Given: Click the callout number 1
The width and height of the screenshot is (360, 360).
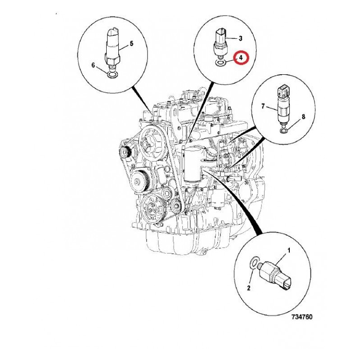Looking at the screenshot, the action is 289,250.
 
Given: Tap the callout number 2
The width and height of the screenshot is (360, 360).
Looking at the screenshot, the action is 248,288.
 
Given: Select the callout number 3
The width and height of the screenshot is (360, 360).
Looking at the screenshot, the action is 240,38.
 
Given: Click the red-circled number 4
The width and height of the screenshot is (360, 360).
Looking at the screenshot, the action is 241,58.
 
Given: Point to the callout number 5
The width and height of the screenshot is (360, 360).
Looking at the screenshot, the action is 131,43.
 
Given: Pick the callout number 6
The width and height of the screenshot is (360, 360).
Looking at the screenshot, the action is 93,65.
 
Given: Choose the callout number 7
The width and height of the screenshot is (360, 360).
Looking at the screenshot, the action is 263,106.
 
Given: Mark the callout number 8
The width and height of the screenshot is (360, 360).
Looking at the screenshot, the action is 303,117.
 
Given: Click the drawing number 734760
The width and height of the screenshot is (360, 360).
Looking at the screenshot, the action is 302,317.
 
